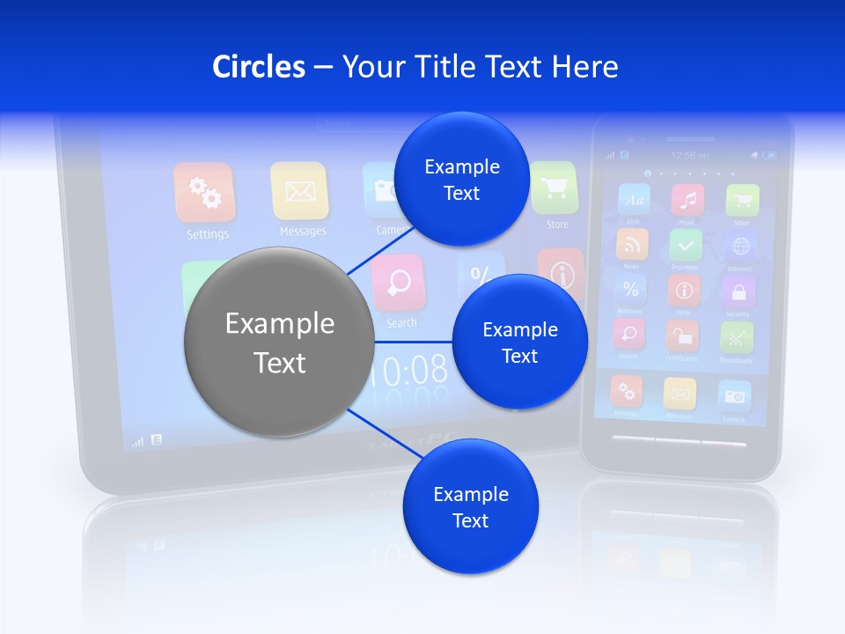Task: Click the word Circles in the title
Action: pyautogui.click(x=258, y=67)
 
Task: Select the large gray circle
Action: pyautogui.click(x=280, y=342)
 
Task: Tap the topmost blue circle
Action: pyautogui.click(x=461, y=179)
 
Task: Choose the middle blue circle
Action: pyautogui.click(x=519, y=342)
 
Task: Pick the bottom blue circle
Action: pyautogui.click(x=470, y=506)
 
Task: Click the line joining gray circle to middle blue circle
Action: pyautogui.click(x=413, y=342)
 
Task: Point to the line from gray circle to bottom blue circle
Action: pyautogui.click(x=378, y=431)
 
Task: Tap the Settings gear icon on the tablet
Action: pyautogui.click(x=204, y=193)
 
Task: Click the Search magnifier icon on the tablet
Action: pyautogui.click(x=399, y=284)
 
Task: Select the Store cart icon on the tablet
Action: pyautogui.click(x=555, y=188)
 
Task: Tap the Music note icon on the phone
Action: pyautogui.click(x=687, y=200)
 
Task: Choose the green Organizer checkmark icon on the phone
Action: pyautogui.click(x=686, y=245)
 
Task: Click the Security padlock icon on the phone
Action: pyautogui.click(x=738, y=291)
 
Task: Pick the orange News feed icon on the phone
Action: pyautogui.click(x=632, y=245)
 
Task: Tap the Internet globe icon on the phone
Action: pyautogui.click(x=739, y=246)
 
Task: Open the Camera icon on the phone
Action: pyautogui.click(x=734, y=395)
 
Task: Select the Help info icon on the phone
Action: pyautogui.click(x=684, y=290)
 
